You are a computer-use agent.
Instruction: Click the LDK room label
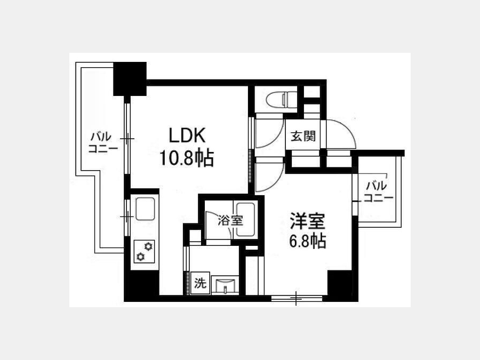click(187, 135)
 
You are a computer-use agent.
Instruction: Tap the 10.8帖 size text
click(187, 158)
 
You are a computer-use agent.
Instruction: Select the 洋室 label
click(307, 221)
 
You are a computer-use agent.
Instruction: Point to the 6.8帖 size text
click(307, 241)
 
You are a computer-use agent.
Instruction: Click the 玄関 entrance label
click(303, 136)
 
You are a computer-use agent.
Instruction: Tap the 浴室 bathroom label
click(230, 220)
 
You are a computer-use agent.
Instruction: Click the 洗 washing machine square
click(200, 283)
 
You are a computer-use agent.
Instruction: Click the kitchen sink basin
click(145, 209)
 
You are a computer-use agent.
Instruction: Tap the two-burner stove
click(145, 251)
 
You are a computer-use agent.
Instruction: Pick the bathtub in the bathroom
click(245, 219)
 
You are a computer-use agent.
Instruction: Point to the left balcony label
click(103, 142)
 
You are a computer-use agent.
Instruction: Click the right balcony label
click(378, 191)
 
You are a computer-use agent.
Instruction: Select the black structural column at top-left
click(130, 79)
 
